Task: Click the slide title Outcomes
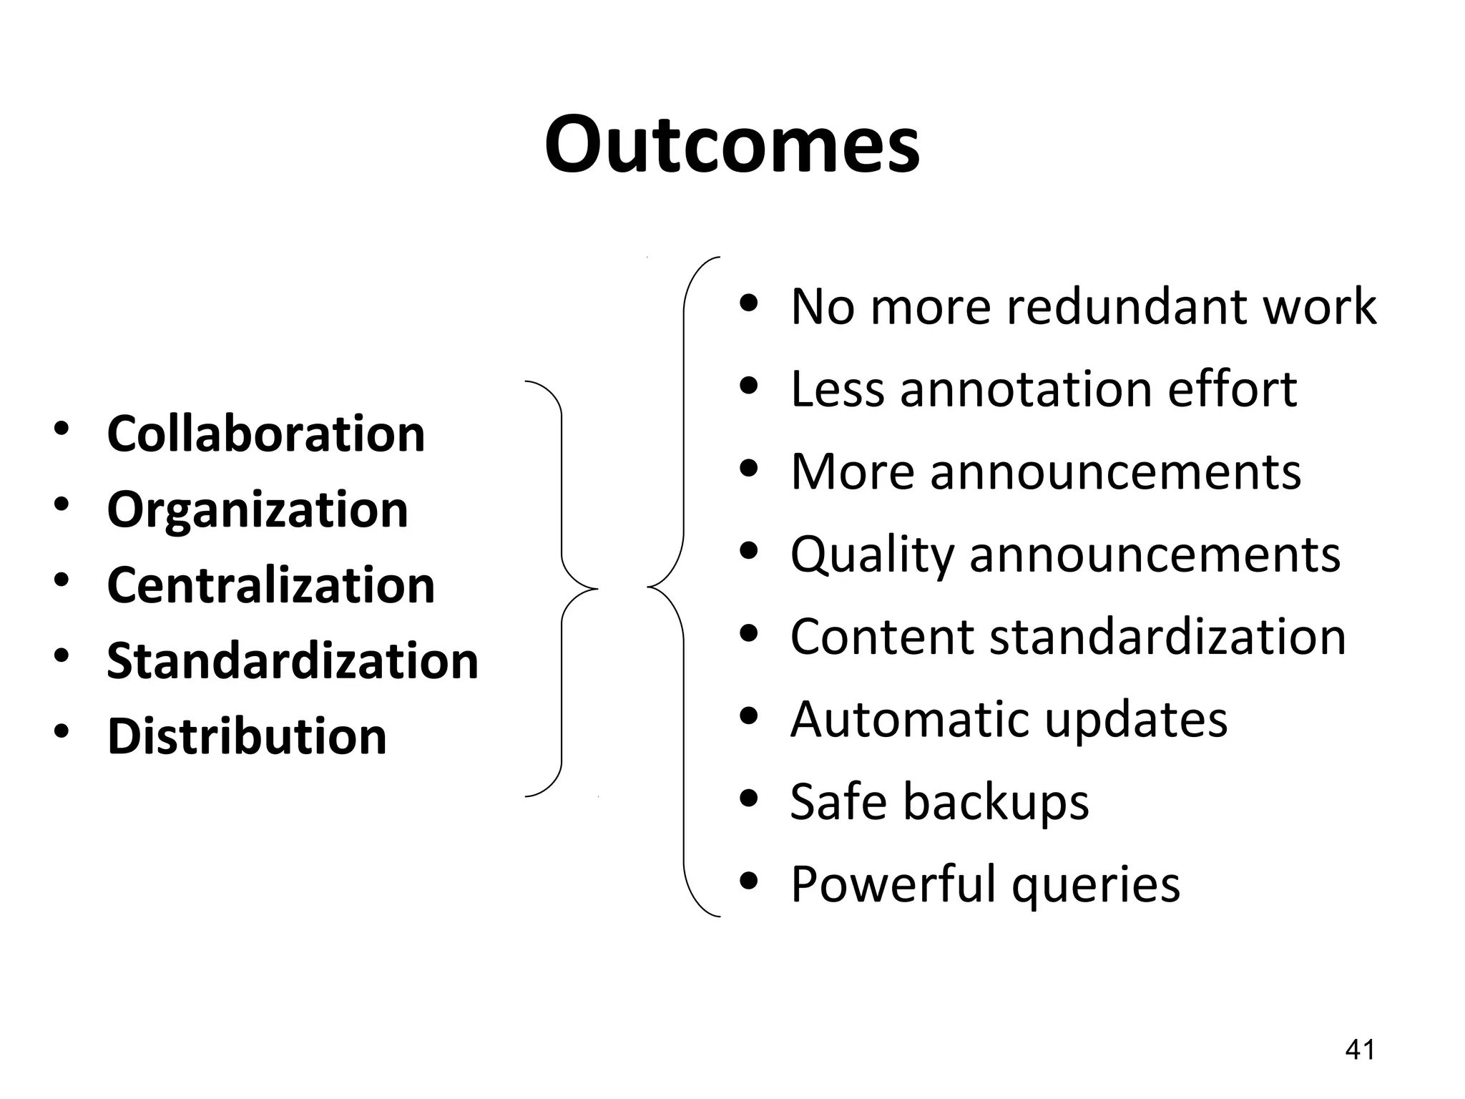tap(732, 145)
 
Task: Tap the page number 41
tap(1360, 1050)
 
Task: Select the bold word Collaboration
tap(265, 434)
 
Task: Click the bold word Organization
tap(258, 509)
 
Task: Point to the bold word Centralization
tap(270, 585)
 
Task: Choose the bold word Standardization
tap(293, 660)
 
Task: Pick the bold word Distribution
tap(247, 736)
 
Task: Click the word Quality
tap(872, 555)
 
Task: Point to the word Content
tap(882, 637)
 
